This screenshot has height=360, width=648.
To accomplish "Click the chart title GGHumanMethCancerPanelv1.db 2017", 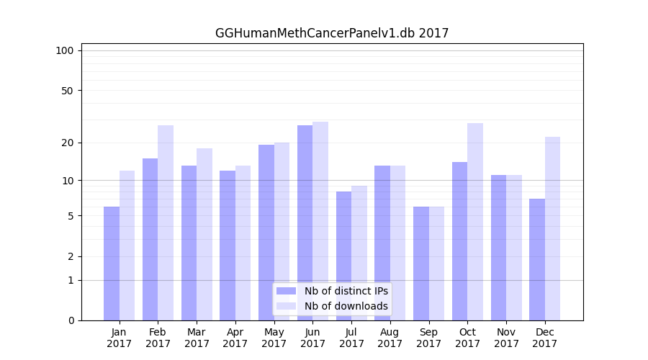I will click(332, 33).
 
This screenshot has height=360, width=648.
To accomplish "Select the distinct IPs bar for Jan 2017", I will click(112, 264).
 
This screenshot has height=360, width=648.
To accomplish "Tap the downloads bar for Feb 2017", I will click(166, 222).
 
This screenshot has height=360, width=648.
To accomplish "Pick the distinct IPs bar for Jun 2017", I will click(305, 222).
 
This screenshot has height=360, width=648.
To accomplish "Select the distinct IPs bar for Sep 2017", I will click(421, 264).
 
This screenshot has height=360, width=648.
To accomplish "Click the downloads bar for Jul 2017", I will click(359, 253).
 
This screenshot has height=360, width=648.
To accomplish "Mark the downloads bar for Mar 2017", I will click(204, 234).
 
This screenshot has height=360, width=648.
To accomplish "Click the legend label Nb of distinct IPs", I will click(346, 291).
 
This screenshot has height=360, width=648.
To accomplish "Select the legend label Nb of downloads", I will click(346, 306).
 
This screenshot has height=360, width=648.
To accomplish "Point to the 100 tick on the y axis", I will click(65, 50).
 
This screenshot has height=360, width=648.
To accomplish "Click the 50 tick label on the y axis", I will click(67, 91).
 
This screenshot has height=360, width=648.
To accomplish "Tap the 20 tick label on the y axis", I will click(67, 143).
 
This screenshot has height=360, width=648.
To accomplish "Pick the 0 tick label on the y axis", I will click(71, 320).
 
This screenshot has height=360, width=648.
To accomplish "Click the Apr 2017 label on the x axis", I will click(235, 338).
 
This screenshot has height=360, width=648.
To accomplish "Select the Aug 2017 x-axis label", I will click(390, 338).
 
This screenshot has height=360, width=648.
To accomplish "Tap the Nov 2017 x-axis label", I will click(506, 338).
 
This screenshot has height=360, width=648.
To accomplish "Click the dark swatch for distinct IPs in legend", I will click(287, 291).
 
